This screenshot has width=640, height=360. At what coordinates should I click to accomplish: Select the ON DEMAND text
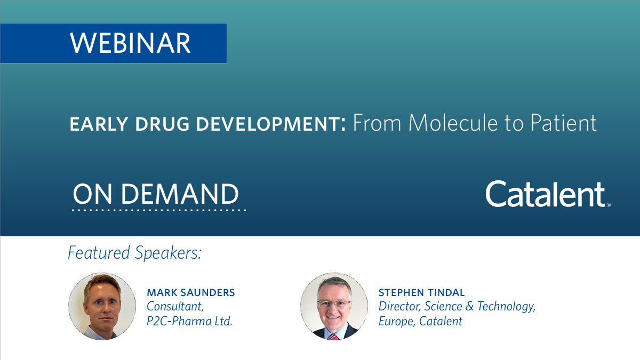pyautogui.click(x=156, y=194)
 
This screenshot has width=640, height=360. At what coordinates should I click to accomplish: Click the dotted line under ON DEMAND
pyautogui.click(x=159, y=210)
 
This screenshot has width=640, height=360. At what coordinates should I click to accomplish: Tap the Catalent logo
pyautogui.click(x=545, y=194)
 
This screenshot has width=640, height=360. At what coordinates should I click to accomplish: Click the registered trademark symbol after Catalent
pyautogui.click(x=609, y=204)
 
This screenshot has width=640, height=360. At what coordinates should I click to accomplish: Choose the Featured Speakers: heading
pyautogui.click(x=134, y=253)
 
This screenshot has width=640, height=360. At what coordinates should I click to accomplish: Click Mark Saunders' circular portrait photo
pyautogui.click(x=102, y=306)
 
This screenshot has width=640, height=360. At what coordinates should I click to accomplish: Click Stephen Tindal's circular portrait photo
pyautogui.click(x=334, y=306)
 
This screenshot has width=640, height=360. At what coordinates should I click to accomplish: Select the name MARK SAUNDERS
pyautogui.click(x=190, y=293)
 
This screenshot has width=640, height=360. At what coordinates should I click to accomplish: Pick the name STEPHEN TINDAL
pyautogui.click(x=421, y=293)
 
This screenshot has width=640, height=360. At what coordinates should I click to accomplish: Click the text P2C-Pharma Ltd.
pyautogui.click(x=189, y=321)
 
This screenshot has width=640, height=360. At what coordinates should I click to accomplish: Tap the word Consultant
pyautogui.click(x=174, y=307)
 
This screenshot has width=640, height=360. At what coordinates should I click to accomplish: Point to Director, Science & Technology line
pyautogui.click(x=457, y=307)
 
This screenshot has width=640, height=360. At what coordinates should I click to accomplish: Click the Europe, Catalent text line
pyautogui.click(x=420, y=321)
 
